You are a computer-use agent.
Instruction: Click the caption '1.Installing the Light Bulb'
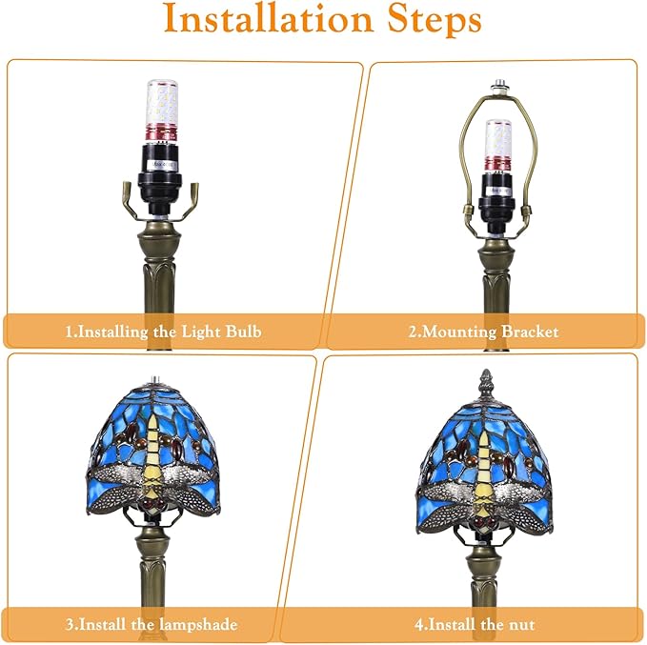pos(163,332)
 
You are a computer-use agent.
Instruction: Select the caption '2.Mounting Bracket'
pos(484,332)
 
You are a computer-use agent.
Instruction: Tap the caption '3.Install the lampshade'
pos(152,625)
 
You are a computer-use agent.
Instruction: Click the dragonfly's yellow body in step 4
pos(486,476)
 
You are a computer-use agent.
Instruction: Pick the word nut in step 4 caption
pos(521,625)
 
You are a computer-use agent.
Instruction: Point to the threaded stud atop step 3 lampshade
pos(152,380)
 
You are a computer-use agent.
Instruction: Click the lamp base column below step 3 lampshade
pos(153,572)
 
